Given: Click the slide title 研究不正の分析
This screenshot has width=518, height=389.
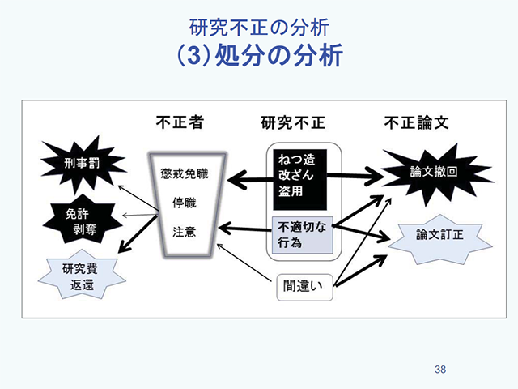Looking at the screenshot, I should tap(258, 27).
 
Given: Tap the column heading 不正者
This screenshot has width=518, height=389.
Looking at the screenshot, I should tap(180, 123).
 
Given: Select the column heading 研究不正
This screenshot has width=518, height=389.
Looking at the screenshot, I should tap(292, 123).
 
